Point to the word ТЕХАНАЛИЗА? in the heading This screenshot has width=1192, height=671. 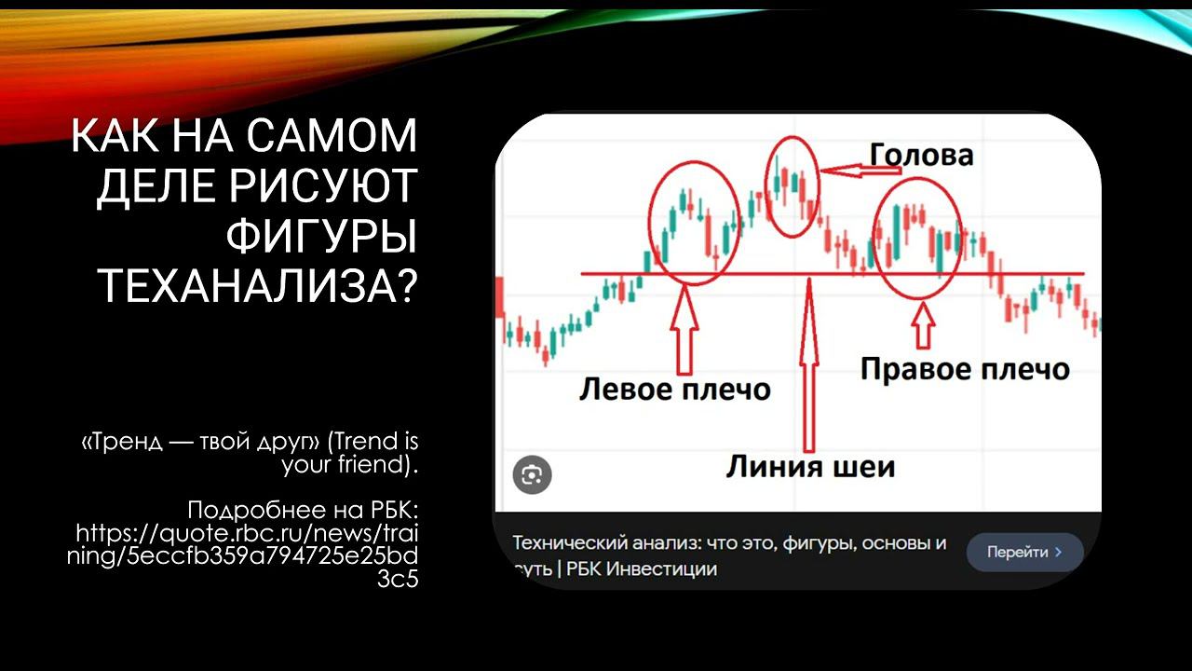pos(257,286)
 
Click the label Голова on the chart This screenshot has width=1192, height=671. pos(921,154)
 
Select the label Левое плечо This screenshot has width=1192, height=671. pos(674,388)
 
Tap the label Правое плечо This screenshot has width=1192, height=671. pos(964,368)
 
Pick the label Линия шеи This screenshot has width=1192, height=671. pos(810,465)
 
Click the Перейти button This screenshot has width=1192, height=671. pos(1024,552)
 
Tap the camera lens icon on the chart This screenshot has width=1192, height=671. pos(533,475)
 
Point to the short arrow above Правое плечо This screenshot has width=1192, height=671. pos(923,325)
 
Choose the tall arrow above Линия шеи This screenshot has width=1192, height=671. pos(810,363)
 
